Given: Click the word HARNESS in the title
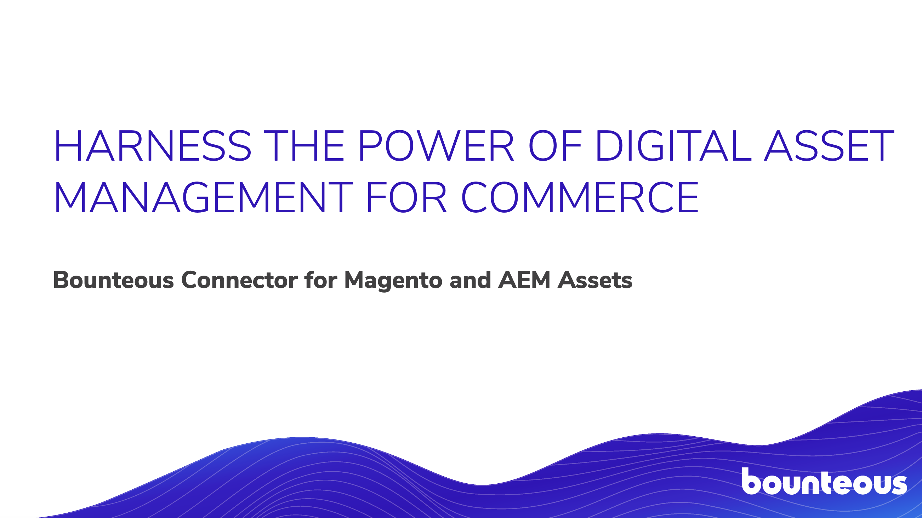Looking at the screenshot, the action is pyautogui.click(x=153, y=146).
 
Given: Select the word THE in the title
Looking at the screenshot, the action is pyautogui.click(x=304, y=146).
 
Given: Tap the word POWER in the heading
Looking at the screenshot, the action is pyautogui.click(x=436, y=146).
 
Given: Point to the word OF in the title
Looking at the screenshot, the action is pyautogui.click(x=555, y=146).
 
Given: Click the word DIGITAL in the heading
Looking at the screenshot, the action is pyautogui.click(x=673, y=146).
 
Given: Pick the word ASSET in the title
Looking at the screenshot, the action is pyautogui.click(x=829, y=146).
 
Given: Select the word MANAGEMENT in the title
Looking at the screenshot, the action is pyautogui.click(x=204, y=197).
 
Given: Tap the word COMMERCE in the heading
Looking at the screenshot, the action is pyautogui.click(x=580, y=197).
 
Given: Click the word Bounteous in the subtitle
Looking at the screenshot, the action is pyautogui.click(x=113, y=280).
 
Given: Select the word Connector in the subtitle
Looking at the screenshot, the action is pyautogui.click(x=239, y=280).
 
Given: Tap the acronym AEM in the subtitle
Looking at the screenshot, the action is pyautogui.click(x=524, y=280).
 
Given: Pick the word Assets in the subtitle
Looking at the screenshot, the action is pyautogui.click(x=595, y=280).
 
